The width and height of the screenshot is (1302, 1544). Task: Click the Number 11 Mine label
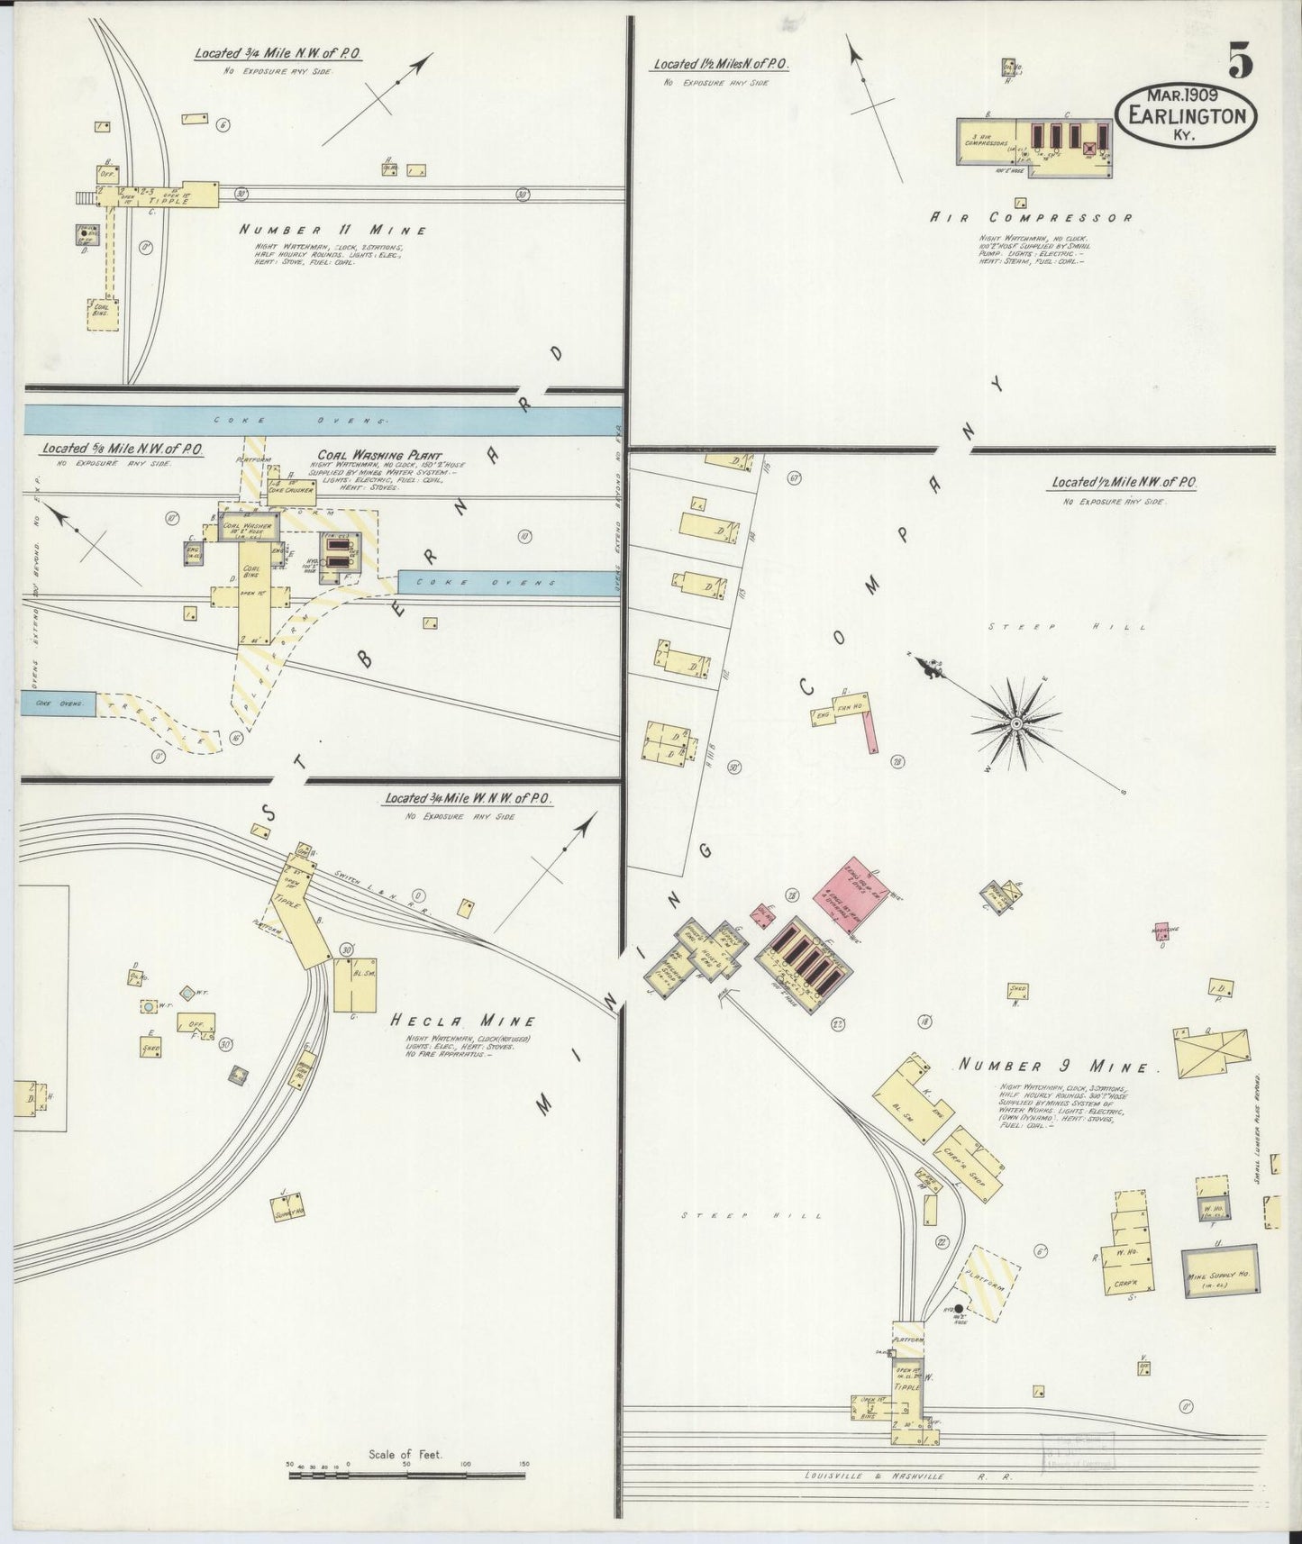(332, 230)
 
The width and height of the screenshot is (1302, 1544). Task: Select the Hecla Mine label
(463, 1021)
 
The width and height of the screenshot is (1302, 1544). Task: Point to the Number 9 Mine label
(1052, 1067)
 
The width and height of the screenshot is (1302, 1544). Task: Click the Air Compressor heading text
(1031, 217)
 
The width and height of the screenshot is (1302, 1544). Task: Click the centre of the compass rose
(1015, 723)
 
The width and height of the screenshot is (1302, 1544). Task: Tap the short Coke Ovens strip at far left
(57, 702)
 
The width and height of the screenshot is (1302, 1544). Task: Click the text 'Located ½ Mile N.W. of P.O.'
(1123, 484)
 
